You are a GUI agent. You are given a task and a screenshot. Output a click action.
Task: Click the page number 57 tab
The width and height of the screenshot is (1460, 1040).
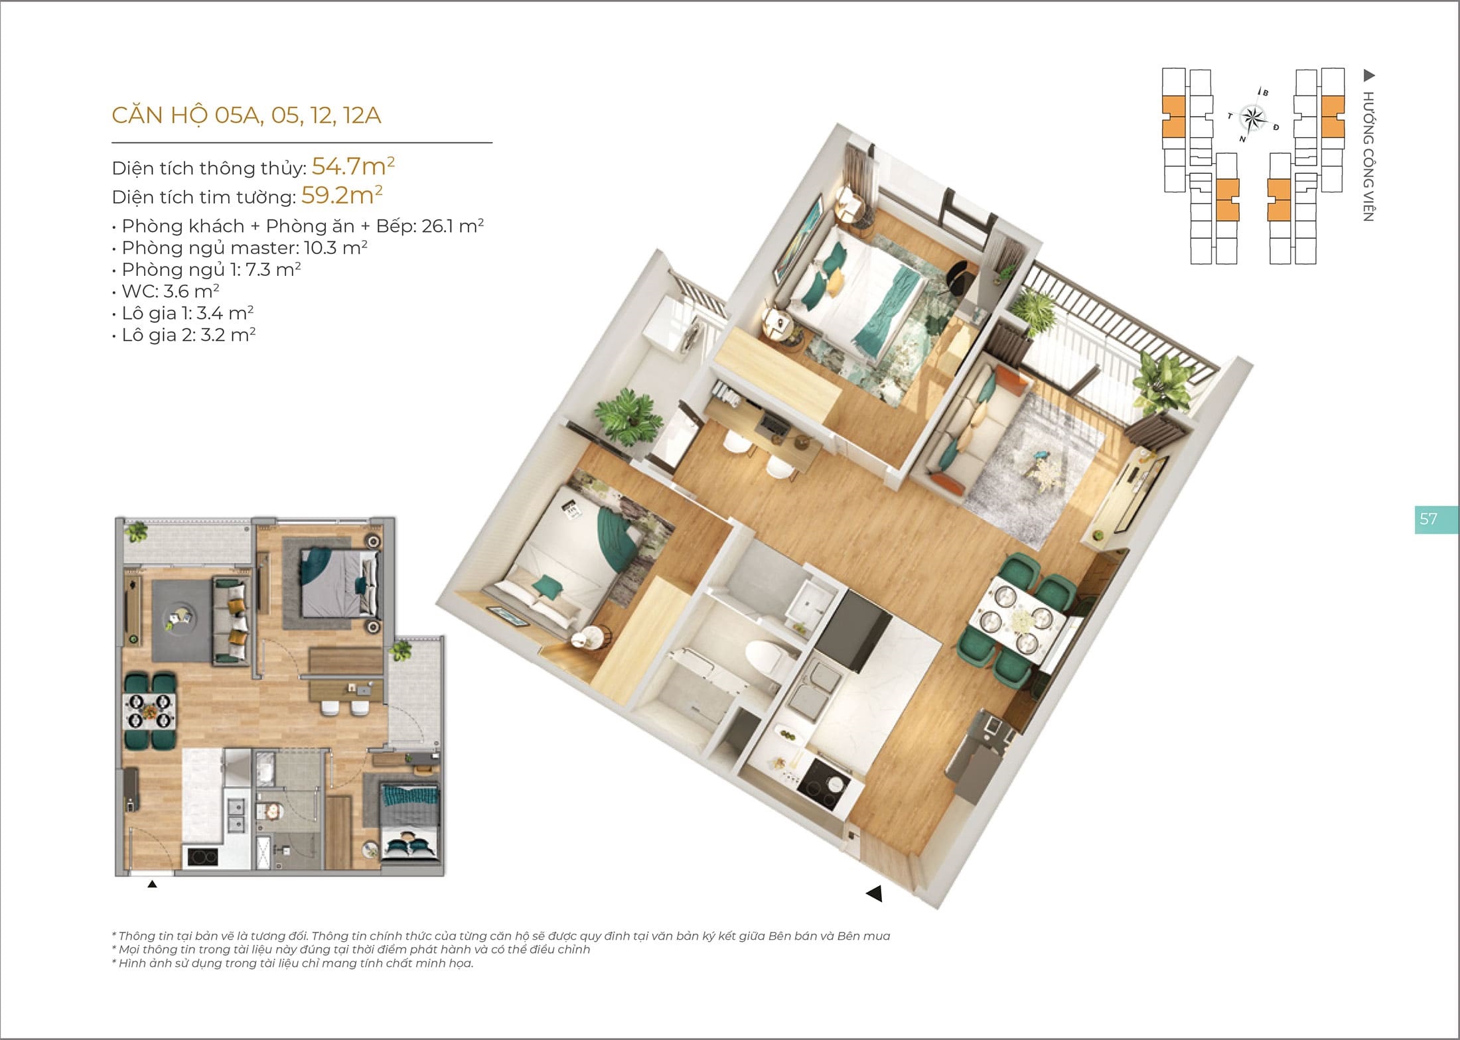pyautogui.click(x=1437, y=519)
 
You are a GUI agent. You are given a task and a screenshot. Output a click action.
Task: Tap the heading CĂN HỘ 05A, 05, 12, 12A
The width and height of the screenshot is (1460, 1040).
pyautogui.click(x=246, y=115)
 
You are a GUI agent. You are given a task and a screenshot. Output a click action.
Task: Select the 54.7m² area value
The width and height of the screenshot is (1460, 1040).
pyautogui.click(x=353, y=166)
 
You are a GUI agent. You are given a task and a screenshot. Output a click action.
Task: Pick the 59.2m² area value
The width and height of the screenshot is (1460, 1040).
pyautogui.click(x=342, y=195)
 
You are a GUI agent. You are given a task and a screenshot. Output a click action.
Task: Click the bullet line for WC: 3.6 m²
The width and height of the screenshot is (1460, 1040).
pyautogui.click(x=166, y=291)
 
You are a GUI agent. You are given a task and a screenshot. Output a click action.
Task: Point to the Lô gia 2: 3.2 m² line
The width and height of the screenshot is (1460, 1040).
pyautogui.click(x=184, y=335)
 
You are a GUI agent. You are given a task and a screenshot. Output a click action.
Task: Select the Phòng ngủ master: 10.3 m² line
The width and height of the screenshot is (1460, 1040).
pyautogui.click(x=240, y=248)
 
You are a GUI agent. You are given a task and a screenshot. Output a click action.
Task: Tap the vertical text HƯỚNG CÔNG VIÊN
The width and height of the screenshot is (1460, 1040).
pyautogui.click(x=1368, y=156)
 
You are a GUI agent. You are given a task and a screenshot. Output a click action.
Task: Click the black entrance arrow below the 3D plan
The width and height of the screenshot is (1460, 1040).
pyautogui.click(x=875, y=893)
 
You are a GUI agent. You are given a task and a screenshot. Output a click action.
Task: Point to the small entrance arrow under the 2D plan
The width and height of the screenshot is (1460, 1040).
pyautogui.click(x=152, y=883)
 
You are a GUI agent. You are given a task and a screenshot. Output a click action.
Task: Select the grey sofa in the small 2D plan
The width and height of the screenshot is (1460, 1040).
pyautogui.click(x=230, y=620)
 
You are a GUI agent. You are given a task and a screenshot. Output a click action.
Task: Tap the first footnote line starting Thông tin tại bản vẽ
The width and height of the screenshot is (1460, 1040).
pyautogui.click(x=501, y=936)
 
